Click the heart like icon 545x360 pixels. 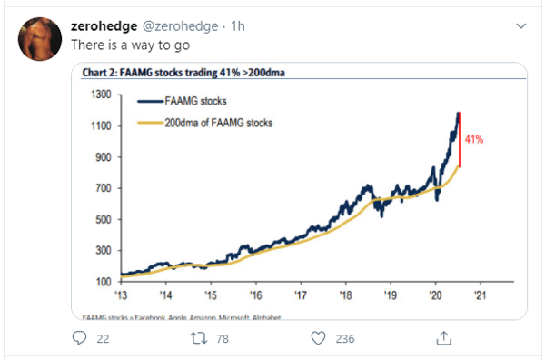coord(318,337)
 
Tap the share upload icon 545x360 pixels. coord(444,337)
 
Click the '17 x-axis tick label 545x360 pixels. coord(300,296)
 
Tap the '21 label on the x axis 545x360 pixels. coord(479,296)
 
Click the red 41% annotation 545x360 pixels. coord(473,140)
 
